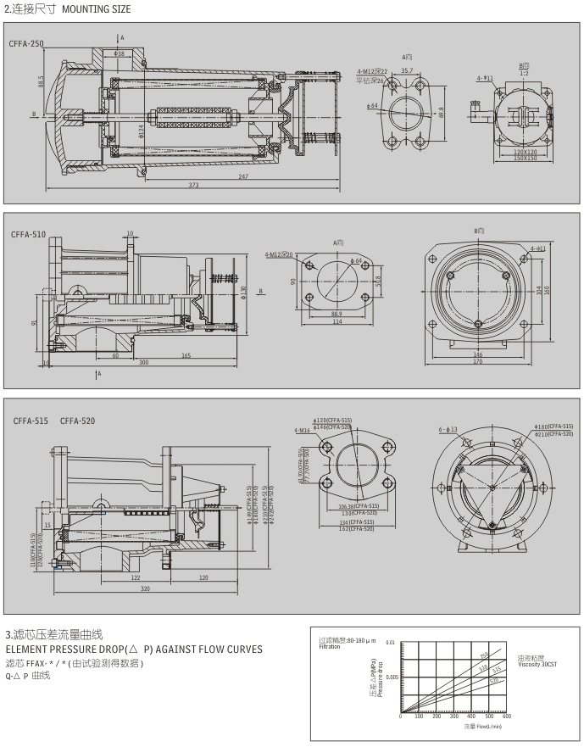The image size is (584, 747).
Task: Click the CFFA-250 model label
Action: [26, 42]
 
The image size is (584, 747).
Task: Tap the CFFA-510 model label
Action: [28, 234]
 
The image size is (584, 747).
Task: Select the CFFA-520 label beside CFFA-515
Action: [78, 421]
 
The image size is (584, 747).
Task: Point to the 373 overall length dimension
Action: [193, 185]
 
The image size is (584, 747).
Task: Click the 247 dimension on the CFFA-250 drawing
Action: [243, 176]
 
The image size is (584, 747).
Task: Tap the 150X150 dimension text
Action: [525, 158]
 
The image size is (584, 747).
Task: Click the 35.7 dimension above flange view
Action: [407, 70]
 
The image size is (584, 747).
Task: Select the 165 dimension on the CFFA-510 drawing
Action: [185, 355]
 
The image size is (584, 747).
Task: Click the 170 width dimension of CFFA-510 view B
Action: [477, 361]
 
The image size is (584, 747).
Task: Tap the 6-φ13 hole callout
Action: [448, 429]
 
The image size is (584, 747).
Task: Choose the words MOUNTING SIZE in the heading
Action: [95, 8]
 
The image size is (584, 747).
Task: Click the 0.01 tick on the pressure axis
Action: [389, 642]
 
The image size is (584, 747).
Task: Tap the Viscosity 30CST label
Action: [537, 665]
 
